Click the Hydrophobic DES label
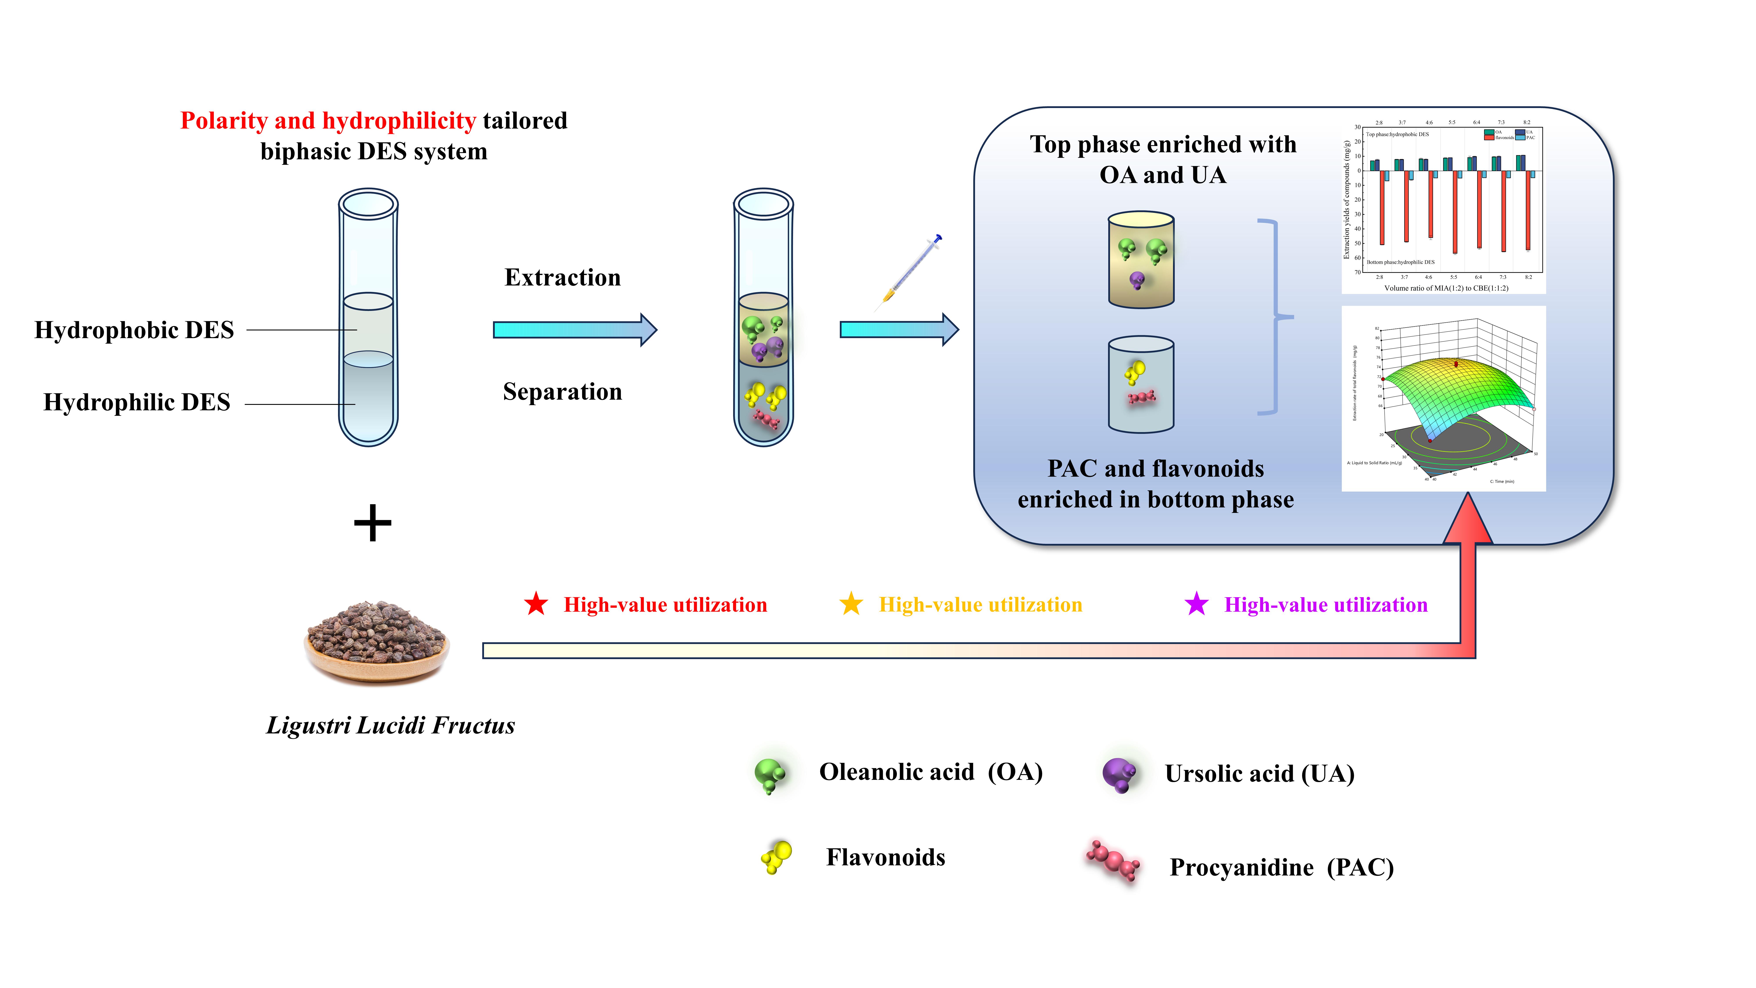(134, 330)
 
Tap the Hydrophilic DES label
(137, 402)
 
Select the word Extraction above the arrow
(562, 278)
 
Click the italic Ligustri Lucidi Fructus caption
(391, 725)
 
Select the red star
(536, 604)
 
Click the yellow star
(851, 604)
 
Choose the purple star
(1196, 604)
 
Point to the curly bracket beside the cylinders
(1272, 317)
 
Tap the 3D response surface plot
(1443, 399)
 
